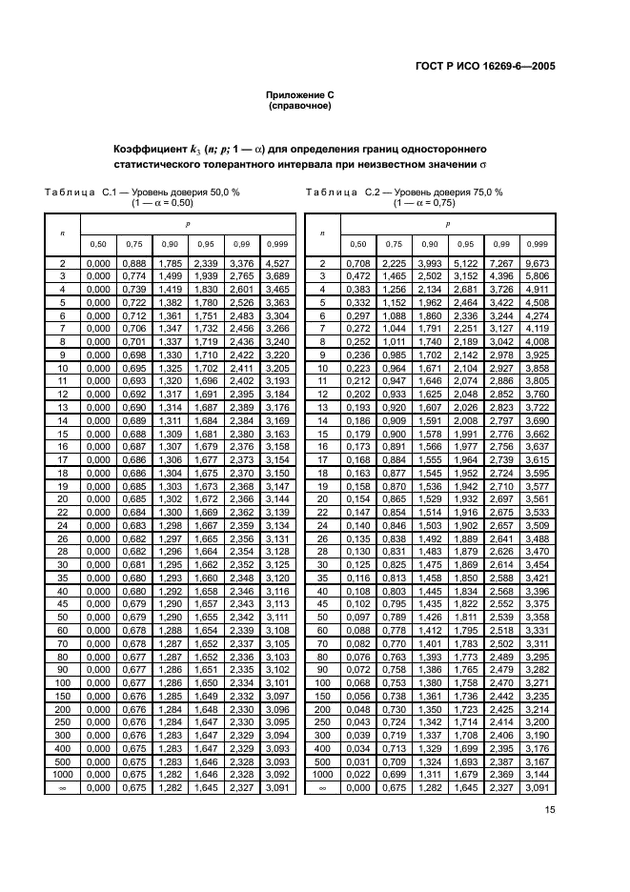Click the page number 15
(550, 811)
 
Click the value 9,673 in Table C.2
(539, 263)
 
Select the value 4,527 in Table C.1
(278, 263)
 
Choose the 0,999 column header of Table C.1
(278, 243)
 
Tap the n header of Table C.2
(323, 232)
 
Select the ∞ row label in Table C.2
(323, 788)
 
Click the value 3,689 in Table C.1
(278, 274)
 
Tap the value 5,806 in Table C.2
(539, 274)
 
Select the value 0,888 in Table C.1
(133, 263)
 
